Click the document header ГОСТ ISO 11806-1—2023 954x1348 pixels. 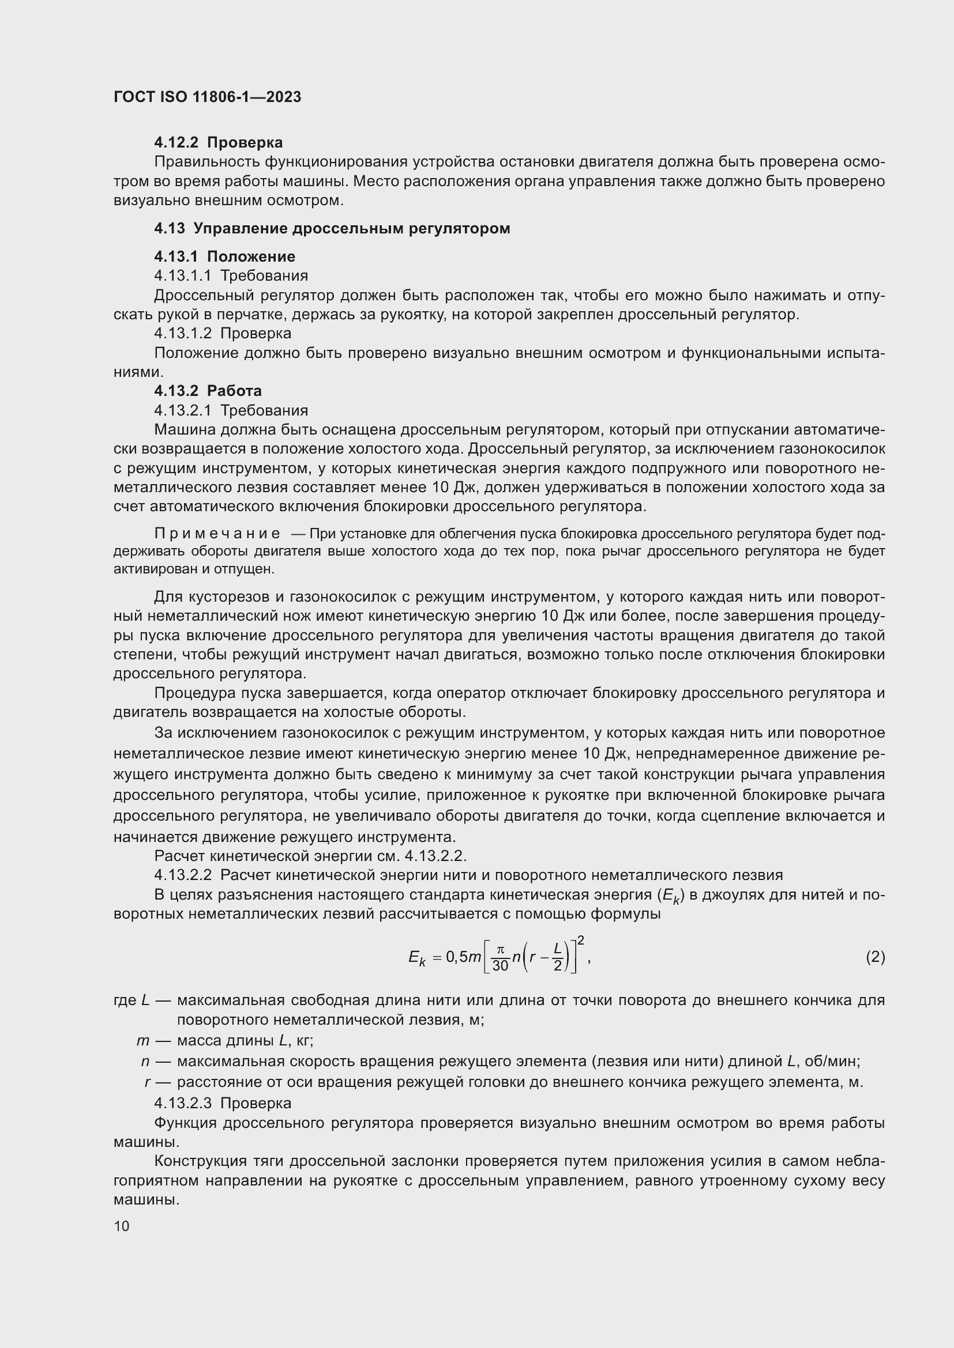coord(208,97)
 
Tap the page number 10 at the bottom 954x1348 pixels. coord(122,1226)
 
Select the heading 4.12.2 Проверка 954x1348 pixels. coord(218,143)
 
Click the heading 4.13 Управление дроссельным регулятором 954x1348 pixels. coord(332,228)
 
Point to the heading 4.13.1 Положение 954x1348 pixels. coord(224,256)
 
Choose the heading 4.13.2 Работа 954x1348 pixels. coord(208,391)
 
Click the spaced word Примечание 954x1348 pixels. coord(217,534)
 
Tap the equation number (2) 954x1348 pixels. coord(875,958)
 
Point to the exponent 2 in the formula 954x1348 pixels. coord(580,941)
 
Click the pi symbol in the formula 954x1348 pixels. coord(501,950)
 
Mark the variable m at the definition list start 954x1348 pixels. coord(142,1041)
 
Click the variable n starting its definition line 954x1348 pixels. coord(145,1062)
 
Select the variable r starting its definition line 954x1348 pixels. coord(147,1082)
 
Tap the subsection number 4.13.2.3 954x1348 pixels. coord(182,1103)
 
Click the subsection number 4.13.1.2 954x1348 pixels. coord(182,334)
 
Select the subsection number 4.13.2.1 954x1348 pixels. coord(182,410)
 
